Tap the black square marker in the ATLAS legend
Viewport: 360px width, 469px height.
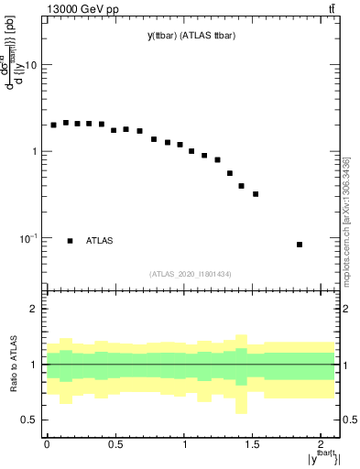(x=70, y=241)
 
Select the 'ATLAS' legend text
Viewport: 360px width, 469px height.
(x=99, y=241)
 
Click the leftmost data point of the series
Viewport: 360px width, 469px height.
(x=53, y=125)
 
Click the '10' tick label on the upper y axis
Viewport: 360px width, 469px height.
(x=29, y=66)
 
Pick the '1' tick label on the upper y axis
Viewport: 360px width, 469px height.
(x=33, y=151)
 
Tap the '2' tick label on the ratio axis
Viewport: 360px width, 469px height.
(x=33, y=310)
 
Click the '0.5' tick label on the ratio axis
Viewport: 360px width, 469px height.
(x=27, y=420)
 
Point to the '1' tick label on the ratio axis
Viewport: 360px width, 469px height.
(x=33, y=365)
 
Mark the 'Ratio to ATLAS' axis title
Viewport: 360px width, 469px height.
(x=12, y=364)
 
